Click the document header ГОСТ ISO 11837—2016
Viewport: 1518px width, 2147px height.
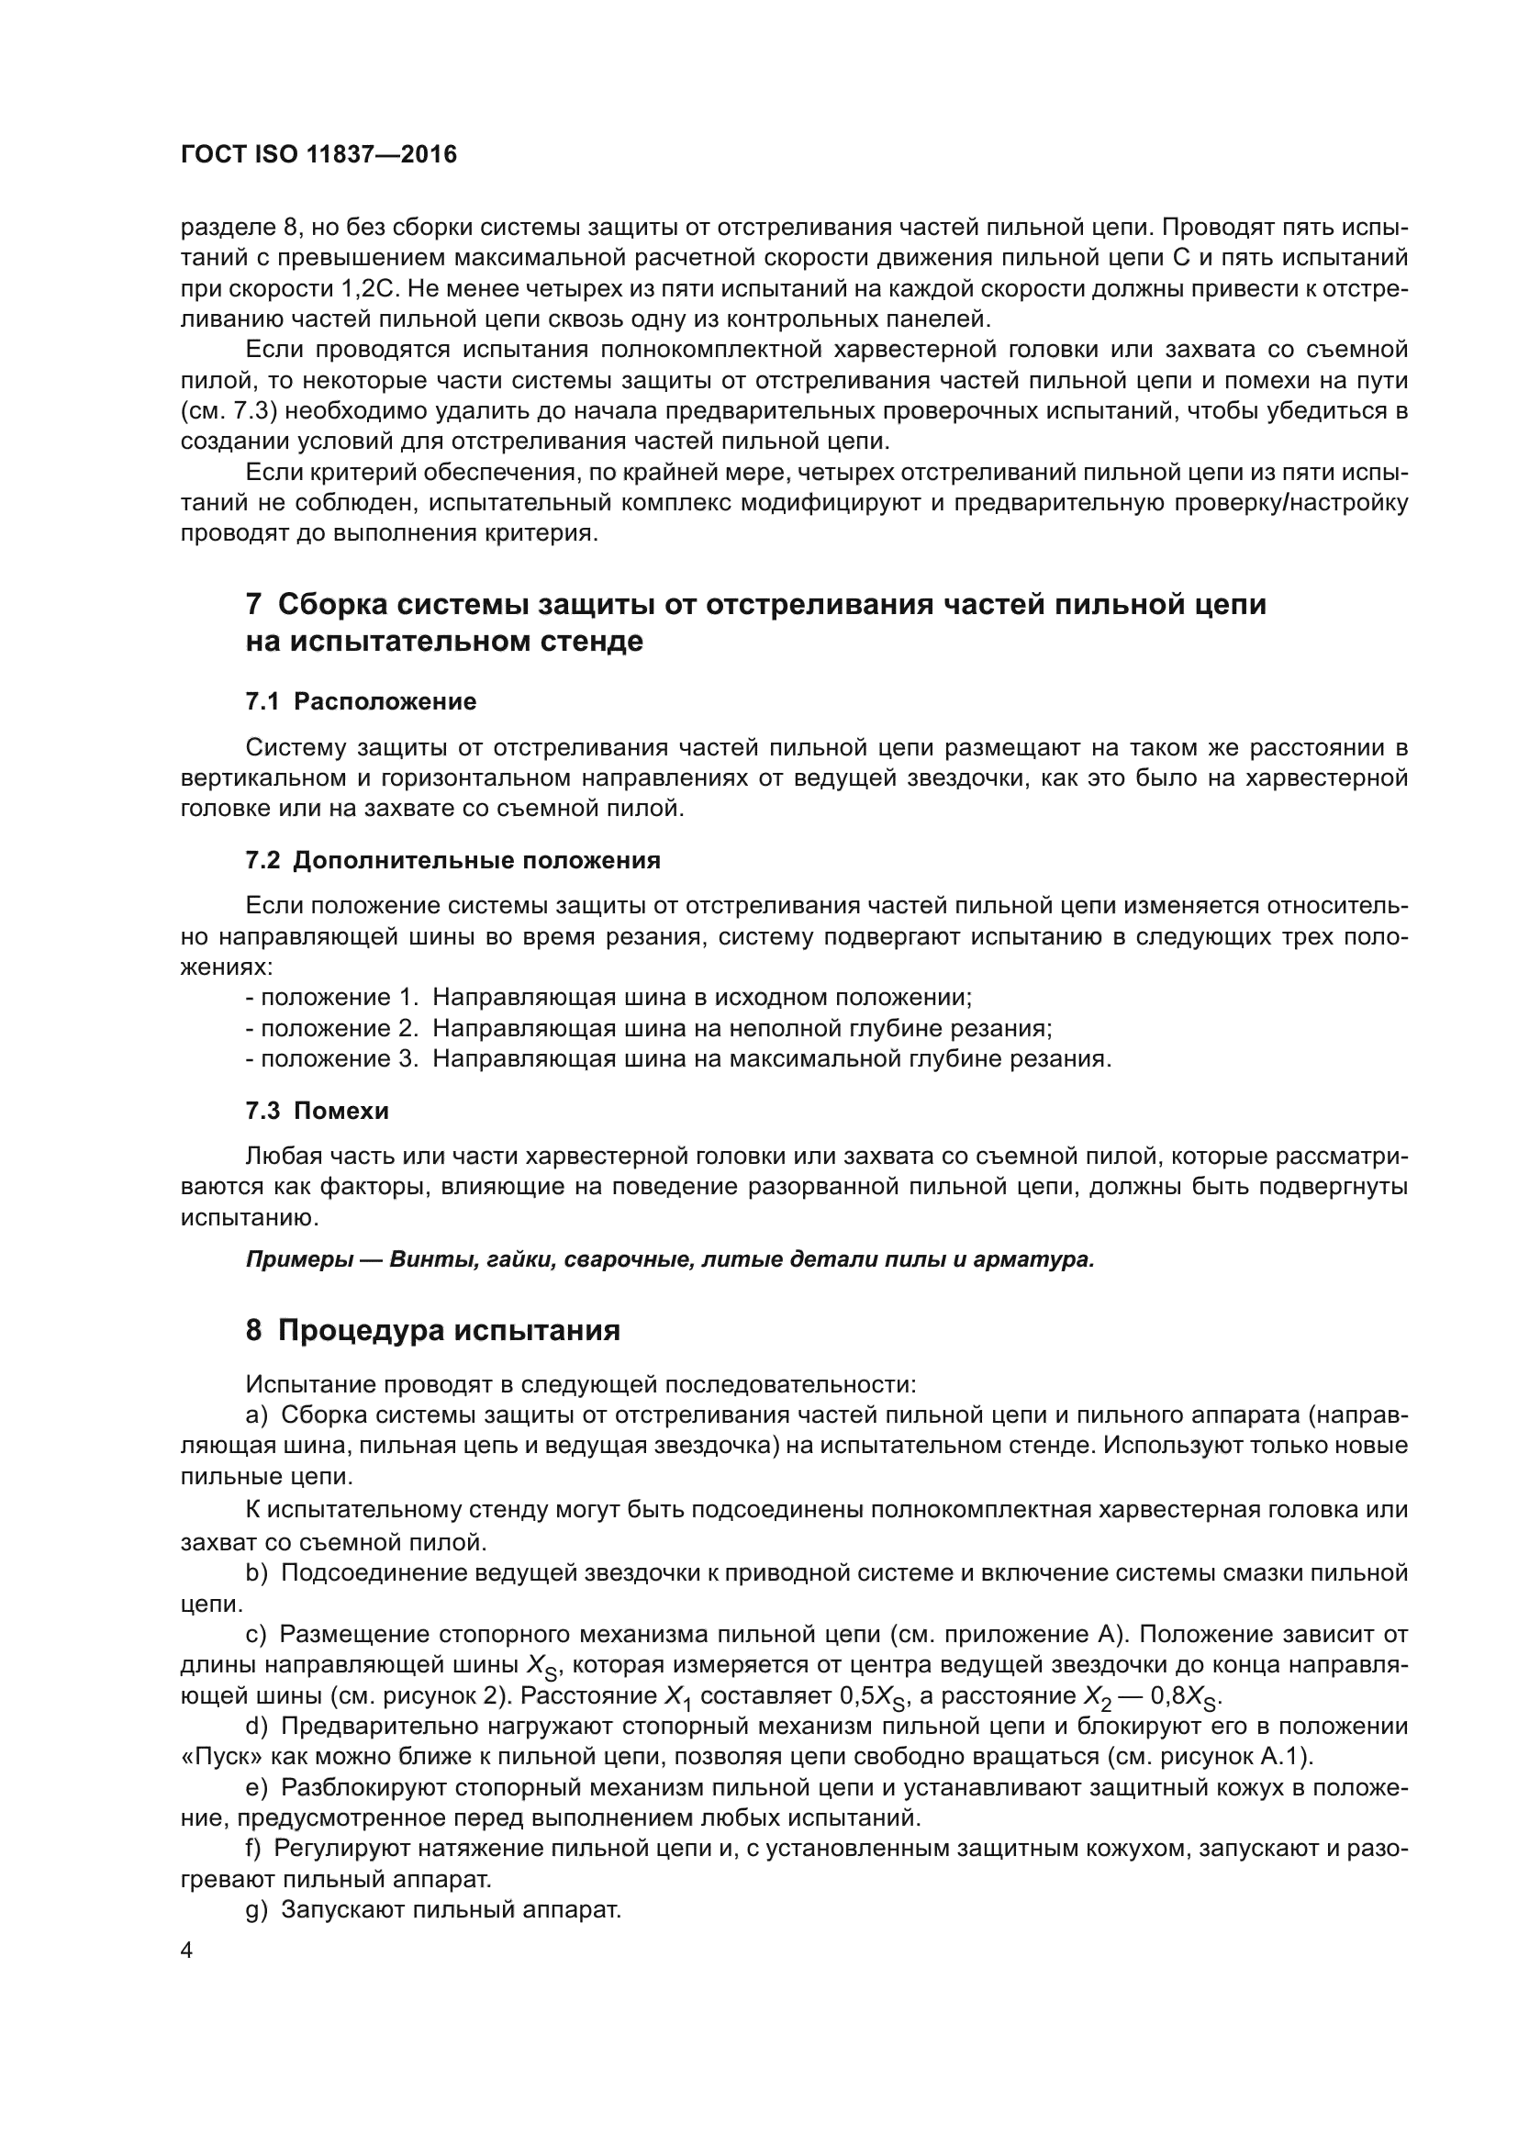click(x=318, y=155)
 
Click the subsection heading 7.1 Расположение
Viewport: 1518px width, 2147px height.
click(x=361, y=701)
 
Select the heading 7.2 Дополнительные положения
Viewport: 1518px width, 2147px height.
click(x=452, y=860)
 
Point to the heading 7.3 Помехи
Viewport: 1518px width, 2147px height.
click(x=317, y=1111)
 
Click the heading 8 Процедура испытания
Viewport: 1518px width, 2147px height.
click(x=433, y=1330)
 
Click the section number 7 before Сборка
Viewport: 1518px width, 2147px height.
click(x=253, y=604)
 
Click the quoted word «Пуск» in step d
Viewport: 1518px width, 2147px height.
click(x=210, y=1756)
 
